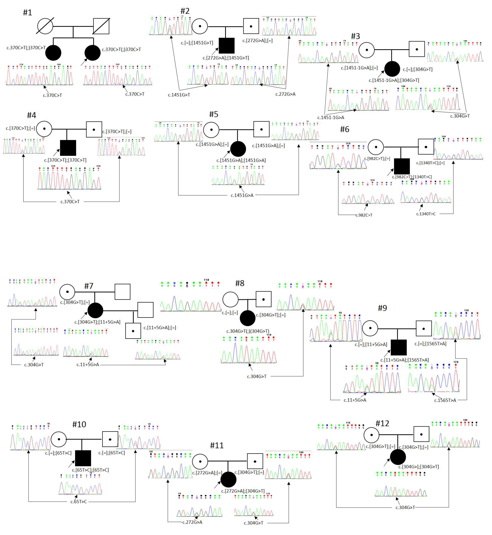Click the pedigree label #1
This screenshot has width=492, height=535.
point(27,12)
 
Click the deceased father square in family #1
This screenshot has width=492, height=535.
point(101,26)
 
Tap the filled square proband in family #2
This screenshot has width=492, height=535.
point(227,46)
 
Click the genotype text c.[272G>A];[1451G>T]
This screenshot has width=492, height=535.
point(226,58)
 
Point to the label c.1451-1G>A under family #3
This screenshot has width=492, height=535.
point(331,117)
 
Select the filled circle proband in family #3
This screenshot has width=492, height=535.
point(392,69)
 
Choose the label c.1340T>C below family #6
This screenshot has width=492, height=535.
point(426,214)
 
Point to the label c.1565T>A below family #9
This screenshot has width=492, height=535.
point(445,400)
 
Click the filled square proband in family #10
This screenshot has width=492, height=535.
point(83,458)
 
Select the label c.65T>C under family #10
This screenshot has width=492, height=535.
point(79,502)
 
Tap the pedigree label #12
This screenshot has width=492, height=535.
point(382,423)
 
